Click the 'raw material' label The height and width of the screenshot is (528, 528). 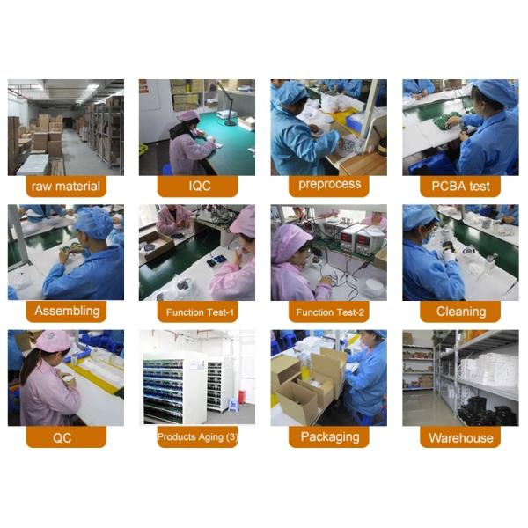tap(66, 186)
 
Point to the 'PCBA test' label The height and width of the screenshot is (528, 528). tap(460, 186)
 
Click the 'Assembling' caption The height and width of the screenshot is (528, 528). tap(66, 312)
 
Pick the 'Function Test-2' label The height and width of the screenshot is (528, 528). tap(329, 312)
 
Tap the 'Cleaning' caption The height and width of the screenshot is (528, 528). tap(460, 312)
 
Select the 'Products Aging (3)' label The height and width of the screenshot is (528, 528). tap(198, 437)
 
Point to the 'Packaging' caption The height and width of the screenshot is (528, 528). tap(329, 437)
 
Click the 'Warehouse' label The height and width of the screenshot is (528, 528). tap(460, 437)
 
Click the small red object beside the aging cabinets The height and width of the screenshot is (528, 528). tap(242, 397)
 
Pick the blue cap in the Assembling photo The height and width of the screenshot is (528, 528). tap(94, 223)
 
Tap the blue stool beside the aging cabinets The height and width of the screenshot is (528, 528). tap(233, 405)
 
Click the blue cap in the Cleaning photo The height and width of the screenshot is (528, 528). tap(420, 217)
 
